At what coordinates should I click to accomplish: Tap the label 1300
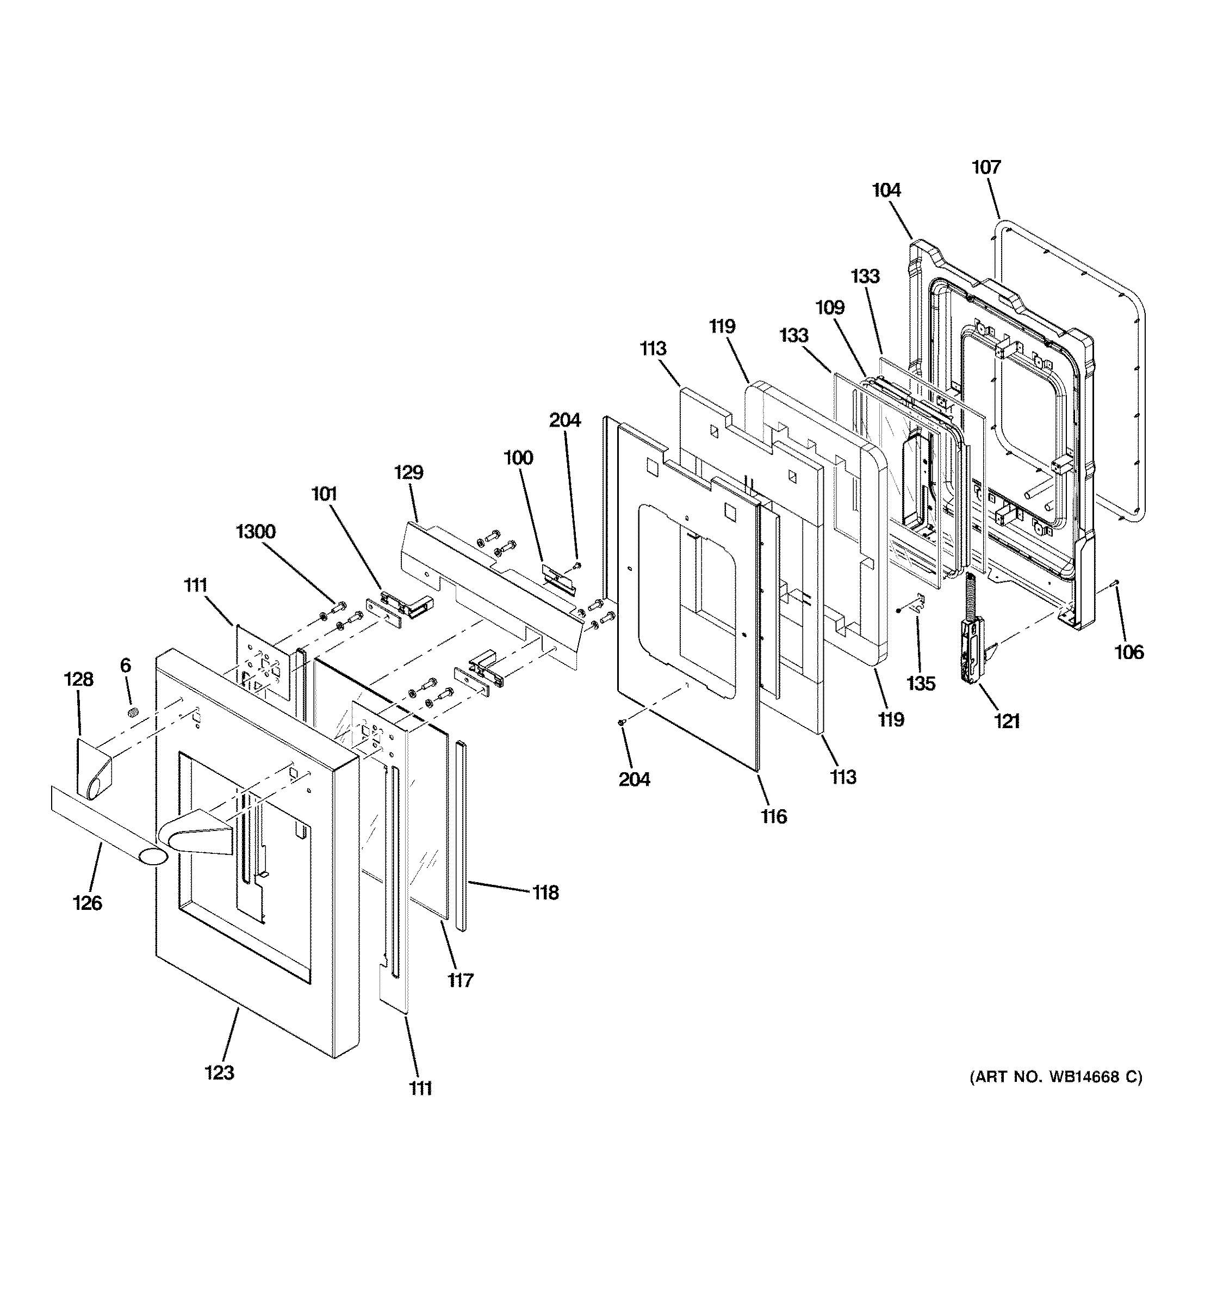click(256, 532)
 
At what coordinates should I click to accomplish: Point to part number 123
click(219, 1073)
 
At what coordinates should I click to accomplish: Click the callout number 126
click(87, 903)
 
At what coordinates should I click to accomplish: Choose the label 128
click(78, 680)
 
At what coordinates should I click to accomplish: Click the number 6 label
click(126, 666)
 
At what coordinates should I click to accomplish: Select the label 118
click(545, 893)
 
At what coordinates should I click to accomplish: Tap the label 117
click(459, 980)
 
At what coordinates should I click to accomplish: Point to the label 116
click(774, 816)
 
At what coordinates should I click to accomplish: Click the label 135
click(921, 684)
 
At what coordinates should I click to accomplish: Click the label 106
click(1128, 652)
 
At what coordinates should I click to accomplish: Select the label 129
click(408, 473)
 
